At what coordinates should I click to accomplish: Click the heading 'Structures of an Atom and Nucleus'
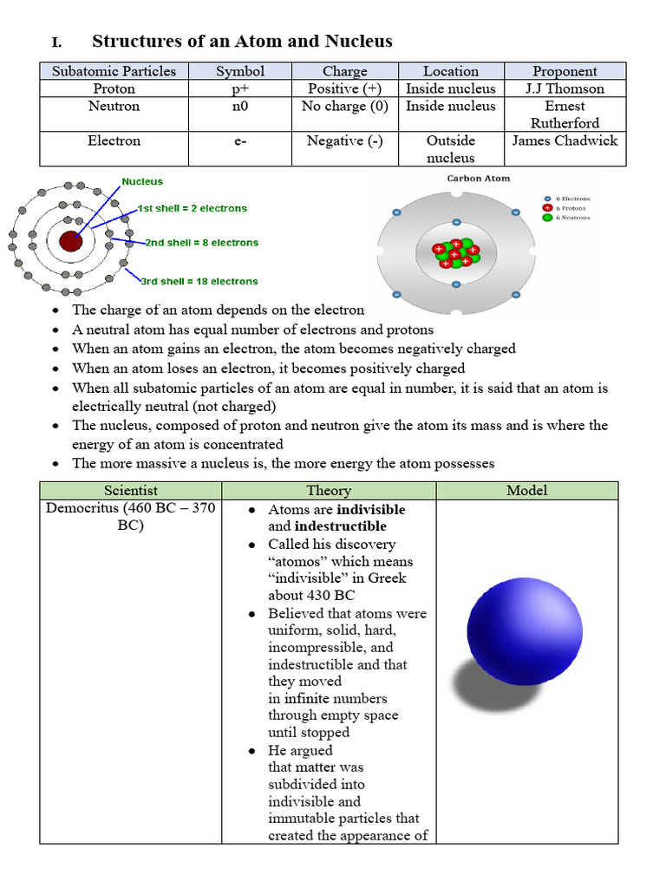click(242, 41)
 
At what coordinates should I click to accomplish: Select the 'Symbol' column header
click(240, 71)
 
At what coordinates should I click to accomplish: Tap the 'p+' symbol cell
click(240, 88)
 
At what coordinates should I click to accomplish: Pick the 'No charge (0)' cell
click(344, 106)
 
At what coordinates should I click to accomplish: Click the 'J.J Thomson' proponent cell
click(565, 88)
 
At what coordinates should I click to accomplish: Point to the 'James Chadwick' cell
click(565, 140)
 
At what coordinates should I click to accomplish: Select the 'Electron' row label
click(114, 140)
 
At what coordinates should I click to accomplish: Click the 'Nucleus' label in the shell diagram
click(142, 182)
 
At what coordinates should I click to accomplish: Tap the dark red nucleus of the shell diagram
click(70, 241)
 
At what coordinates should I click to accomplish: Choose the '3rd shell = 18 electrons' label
click(199, 281)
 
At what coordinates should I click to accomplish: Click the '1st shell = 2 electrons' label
click(193, 208)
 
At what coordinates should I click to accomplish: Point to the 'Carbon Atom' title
click(479, 179)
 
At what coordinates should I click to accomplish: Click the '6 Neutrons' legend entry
click(571, 218)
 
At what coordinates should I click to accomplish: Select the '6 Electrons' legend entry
click(571, 199)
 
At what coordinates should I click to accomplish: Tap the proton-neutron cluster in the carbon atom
click(456, 251)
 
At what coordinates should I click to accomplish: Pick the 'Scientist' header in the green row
click(130, 491)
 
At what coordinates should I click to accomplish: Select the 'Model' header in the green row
click(526, 491)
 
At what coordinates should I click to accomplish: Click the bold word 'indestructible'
click(340, 526)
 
